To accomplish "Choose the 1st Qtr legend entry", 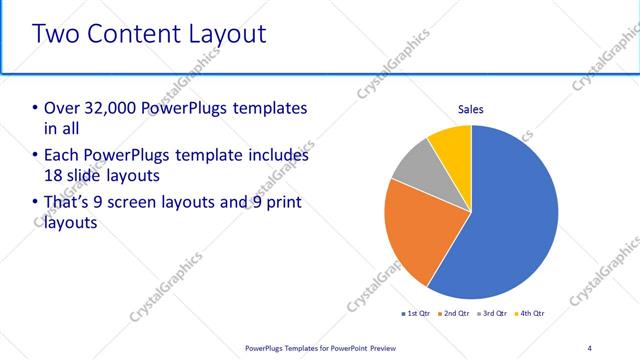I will (x=417, y=314).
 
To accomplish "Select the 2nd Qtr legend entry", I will (x=454, y=314).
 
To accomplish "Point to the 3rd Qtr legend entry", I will (x=491, y=314).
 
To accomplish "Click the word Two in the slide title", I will (x=56, y=34).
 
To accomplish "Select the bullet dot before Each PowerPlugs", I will (x=36, y=156).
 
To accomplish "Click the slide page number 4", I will (x=589, y=348).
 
